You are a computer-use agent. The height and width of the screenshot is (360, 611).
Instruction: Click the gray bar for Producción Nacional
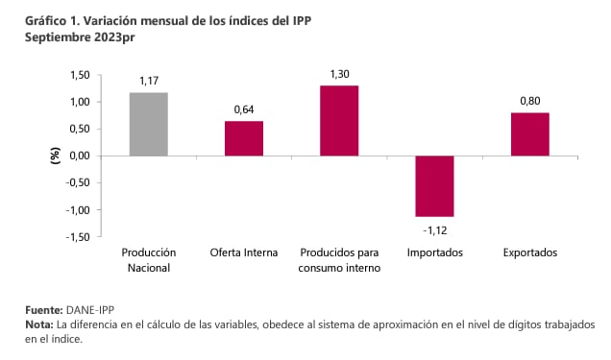point(148,124)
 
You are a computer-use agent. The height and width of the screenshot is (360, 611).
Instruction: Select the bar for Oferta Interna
point(243,138)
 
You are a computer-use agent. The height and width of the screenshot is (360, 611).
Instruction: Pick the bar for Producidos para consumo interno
point(339,120)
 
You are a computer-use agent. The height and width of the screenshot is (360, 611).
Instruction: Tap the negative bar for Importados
point(434,185)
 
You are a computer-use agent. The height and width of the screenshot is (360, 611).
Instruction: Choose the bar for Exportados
point(529,133)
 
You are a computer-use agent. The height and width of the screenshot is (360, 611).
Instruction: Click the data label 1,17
point(148,83)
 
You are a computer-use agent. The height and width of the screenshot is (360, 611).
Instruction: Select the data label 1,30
point(339,75)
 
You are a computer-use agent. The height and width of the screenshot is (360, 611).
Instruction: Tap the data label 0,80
point(529,103)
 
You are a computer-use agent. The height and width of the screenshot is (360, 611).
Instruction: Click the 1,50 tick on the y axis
point(81,75)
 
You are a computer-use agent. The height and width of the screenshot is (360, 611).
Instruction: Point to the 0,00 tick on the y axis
point(81,156)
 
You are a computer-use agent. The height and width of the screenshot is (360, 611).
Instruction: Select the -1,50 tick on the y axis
point(79,236)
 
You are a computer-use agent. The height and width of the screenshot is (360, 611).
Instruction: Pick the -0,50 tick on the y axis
point(79,182)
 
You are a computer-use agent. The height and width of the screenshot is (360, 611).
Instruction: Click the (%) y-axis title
point(54,156)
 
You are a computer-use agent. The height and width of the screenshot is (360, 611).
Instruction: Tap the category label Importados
point(434,253)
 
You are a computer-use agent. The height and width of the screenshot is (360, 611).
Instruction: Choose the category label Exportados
point(529,253)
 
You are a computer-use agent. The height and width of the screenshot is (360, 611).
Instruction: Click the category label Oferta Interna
point(243,253)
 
